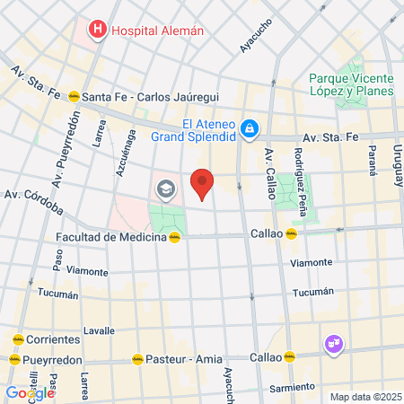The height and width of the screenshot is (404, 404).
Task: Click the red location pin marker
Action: [203, 183]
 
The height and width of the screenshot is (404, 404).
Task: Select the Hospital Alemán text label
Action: [157, 31]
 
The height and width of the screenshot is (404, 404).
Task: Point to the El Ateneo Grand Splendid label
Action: [208, 130]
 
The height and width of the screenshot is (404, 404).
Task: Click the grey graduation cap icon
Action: [164, 189]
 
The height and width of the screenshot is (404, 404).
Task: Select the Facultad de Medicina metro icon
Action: [176, 237]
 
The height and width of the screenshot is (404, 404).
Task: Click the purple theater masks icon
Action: [333, 343]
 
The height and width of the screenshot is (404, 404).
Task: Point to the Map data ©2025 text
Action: [364, 397]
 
